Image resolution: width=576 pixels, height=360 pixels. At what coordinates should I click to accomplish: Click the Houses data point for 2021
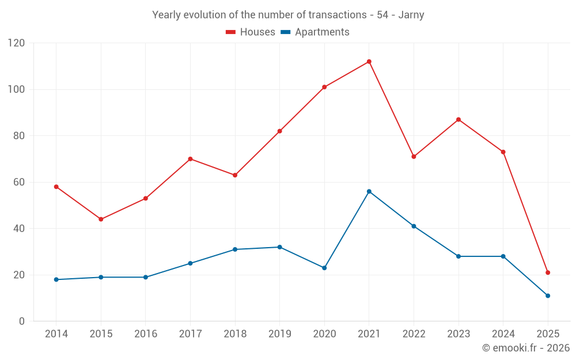[369, 62]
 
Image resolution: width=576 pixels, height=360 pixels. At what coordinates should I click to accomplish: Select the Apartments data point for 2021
[369, 191]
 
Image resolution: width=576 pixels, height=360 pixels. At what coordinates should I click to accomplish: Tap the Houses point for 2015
[101, 219]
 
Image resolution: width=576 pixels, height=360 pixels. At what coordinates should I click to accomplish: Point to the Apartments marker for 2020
[324, 268]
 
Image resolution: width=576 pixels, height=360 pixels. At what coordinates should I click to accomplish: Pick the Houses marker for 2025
[548, 272]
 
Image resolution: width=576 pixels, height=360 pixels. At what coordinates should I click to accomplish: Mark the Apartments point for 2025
[548, 295]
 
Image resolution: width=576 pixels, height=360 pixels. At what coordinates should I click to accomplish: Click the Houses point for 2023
[458, 120]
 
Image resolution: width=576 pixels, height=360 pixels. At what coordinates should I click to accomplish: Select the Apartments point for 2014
[56, 279]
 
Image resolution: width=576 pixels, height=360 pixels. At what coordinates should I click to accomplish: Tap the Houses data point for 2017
[190, 159]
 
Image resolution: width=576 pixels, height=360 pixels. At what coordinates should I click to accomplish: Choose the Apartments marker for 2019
[279, 247]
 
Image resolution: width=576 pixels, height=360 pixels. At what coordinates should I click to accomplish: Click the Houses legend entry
[251, 32]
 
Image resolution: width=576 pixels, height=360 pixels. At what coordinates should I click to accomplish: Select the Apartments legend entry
[315, 32]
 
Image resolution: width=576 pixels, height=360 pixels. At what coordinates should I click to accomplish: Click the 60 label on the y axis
[19, 183]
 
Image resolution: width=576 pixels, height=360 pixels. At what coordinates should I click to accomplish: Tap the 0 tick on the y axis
[22, 321]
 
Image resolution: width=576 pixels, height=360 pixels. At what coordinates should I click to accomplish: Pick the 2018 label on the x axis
[235, 334]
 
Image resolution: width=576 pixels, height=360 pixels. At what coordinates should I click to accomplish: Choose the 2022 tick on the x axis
[414, 334]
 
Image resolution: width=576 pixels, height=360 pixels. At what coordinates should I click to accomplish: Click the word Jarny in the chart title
[411, 15]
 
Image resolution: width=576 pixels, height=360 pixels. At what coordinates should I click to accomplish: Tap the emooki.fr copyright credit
[526, 348]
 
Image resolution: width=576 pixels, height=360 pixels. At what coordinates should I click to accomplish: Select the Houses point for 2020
[324, 87]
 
